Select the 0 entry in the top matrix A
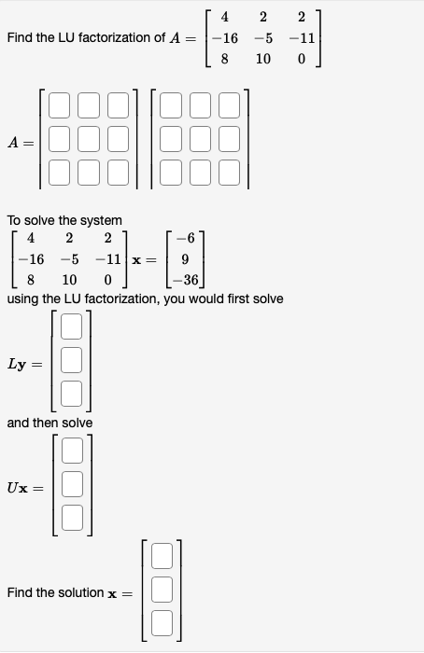pos(302,59)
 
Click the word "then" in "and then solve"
pos(47,423)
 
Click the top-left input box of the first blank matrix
pos(60,105)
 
